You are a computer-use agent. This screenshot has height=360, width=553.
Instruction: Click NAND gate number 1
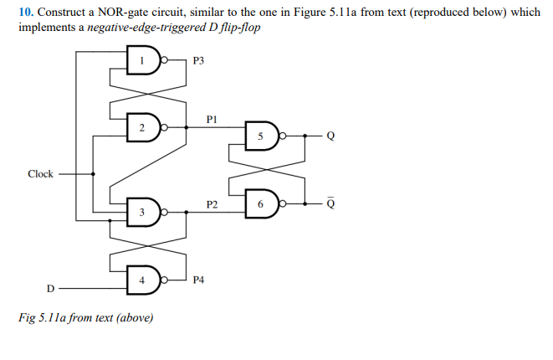[x=143, y=60]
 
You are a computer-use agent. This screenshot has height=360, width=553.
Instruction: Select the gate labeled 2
[x=143, y=127]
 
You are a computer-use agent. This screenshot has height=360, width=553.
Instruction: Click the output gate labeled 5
[x=261, y=136]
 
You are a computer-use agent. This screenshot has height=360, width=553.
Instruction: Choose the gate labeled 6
[x=261, y=203]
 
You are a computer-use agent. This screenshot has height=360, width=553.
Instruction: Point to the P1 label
[x=212, y=121]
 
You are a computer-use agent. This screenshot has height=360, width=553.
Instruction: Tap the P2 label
[x=212, y=205]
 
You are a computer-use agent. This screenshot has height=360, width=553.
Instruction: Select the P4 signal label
[x=198, y=280]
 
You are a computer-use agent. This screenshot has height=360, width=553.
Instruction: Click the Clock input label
[x=40, y=174]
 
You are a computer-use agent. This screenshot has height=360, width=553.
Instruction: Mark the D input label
[x=49, y=289]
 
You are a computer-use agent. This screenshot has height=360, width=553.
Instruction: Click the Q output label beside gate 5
[x=330, y=136]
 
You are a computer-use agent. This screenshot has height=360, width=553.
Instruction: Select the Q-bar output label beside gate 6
[x=330, y=203]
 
